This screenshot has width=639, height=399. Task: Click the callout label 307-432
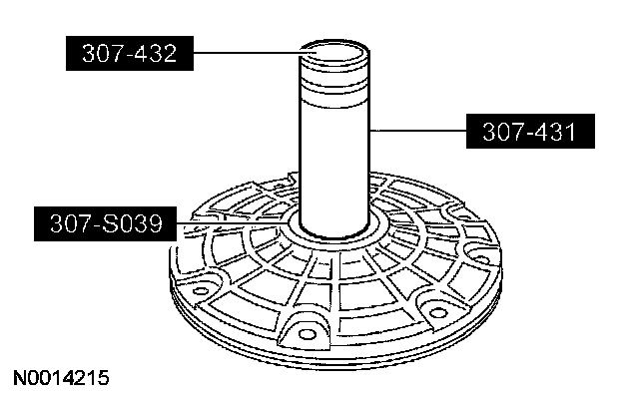pyautogui.click(x=130, y=53)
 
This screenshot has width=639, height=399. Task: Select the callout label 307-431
pyautogui.click(x=530, y=131)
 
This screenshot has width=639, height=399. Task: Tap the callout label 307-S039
pyautogui.click(x=105, y=223)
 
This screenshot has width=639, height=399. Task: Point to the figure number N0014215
pyautogui.click(x=61, y=378)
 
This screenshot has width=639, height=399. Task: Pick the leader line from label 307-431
pyautogui.click(x=418, y=131)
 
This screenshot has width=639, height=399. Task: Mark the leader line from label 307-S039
pyautogui.click(x=234, y=223)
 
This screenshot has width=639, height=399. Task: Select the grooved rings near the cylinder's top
pyautogui.click(x=334, y=88)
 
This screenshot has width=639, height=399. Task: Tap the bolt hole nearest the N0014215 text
pyautogui.click(x=200, y=290)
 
